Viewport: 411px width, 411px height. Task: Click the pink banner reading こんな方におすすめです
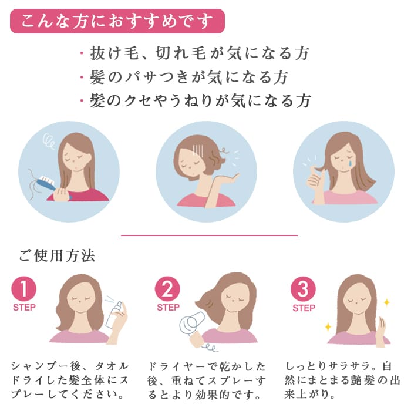tap(117, 21)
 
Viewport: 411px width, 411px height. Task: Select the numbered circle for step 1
tap(23, 289)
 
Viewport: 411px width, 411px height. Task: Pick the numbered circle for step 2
tap(167, 289)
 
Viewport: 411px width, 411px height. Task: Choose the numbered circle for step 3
tap(304, 289)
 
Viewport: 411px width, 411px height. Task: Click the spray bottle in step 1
tap(114, 315)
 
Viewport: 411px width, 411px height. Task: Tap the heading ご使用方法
tap(56, 256)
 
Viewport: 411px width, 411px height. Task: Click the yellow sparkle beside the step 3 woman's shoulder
tap(328, 326)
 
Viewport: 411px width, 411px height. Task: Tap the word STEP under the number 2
tap(168, 308)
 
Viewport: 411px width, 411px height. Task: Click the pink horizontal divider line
tap(209, 235)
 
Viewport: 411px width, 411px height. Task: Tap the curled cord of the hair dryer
tap(210, 346)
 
